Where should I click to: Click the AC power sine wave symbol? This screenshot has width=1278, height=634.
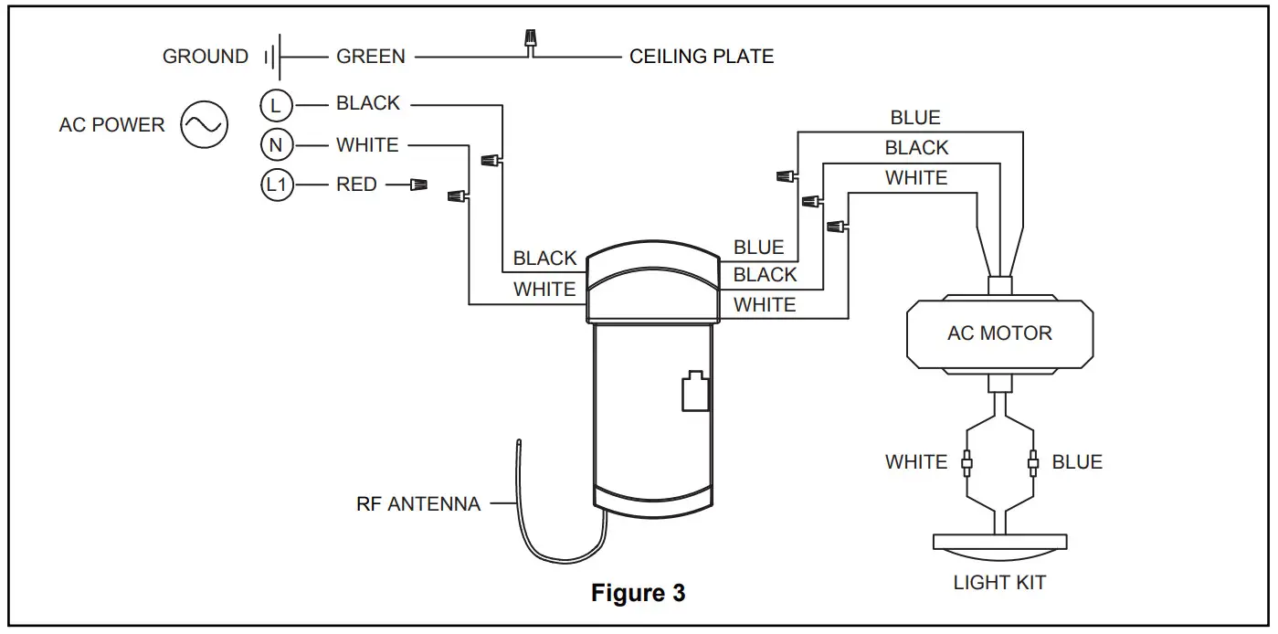click(x=204, y=124)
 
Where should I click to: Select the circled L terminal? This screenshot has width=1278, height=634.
click(x=276, y=105)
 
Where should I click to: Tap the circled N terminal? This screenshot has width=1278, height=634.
click(x=276, y=145)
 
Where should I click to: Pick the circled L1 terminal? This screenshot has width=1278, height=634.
click(x=276, y=185)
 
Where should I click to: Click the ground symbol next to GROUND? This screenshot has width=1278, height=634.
click(x=273, y=58)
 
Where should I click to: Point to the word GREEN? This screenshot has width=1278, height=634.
click(x=370, y=57)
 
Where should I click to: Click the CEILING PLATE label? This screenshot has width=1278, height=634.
click(x=701, y=57)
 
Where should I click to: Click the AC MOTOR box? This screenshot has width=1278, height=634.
click(x=998, y=333)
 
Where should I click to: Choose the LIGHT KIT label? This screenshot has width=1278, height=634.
click(x=999, y=582)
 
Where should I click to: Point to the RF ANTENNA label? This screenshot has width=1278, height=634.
click(x=417, y=503)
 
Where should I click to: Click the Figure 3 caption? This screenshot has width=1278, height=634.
click(x=638, y=593)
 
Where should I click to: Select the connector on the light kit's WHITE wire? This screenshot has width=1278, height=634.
click(x=966, y=463)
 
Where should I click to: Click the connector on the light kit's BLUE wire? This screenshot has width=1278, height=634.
click(x=1033, y=463)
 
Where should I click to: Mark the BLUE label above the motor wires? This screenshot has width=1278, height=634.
click(x=915, y=118)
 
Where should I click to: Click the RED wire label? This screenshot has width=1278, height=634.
click(x=356, y=185)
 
